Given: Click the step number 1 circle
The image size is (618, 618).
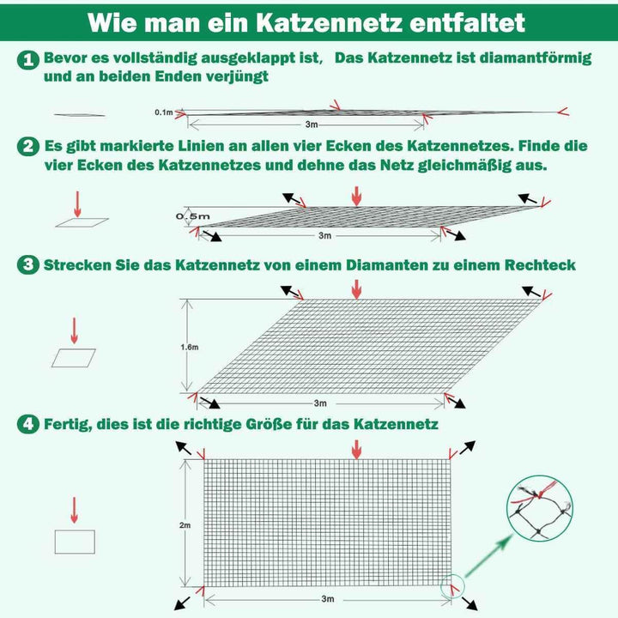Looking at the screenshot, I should point(29,59).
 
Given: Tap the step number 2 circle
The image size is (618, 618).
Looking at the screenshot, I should point(29,146).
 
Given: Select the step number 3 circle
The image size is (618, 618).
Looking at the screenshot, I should point(29,265).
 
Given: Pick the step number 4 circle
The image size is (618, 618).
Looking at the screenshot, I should point(29,424).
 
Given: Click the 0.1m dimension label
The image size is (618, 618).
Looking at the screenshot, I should point(163,112).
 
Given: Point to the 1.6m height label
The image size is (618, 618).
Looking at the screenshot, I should point(190,347).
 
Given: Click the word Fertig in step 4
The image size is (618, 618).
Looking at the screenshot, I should point(69,424).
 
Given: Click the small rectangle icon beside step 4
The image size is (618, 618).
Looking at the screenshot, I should point(75,542).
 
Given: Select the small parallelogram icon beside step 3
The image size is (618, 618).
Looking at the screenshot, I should point(74,358).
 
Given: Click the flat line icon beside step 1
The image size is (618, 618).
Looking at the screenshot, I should point(79,115).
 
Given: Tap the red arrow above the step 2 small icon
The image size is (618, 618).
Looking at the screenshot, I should point(76,203).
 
